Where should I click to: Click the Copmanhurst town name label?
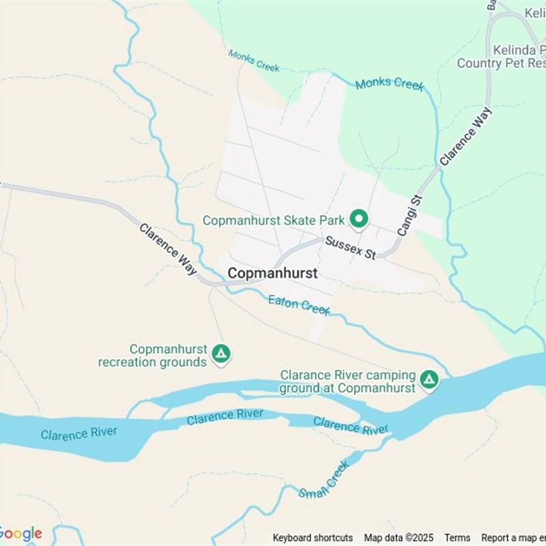coord(272,273)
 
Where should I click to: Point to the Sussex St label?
coord(350,248)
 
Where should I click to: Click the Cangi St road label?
coord(410,216)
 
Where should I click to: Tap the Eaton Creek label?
coord(299,304)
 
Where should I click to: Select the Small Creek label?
coord(324,480)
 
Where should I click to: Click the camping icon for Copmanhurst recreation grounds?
coord(220,354)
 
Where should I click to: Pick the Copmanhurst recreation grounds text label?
coord(153,356)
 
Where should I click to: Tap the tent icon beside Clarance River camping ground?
coord(429,379)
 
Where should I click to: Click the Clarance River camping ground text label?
coord(347,382)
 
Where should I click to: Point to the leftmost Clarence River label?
coord(78,433)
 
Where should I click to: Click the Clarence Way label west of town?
coord(168,248)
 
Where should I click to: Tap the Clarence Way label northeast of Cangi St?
coord(465,135)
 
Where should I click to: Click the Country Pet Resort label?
coord(501,63)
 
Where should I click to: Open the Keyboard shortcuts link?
coord(313,538)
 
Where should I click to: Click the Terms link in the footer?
coord(457,538)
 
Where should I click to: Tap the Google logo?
coord(20,534)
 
